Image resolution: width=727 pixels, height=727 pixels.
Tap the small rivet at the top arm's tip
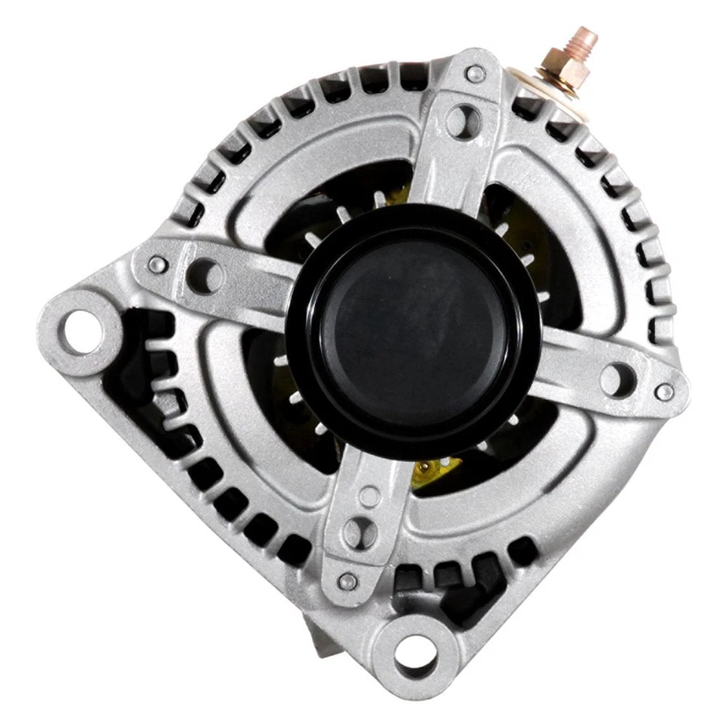(476, 74)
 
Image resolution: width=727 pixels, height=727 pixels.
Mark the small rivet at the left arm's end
(158, 264)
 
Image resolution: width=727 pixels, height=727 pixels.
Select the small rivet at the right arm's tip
(664, 392)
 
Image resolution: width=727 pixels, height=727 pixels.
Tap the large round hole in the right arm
(617, 376)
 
